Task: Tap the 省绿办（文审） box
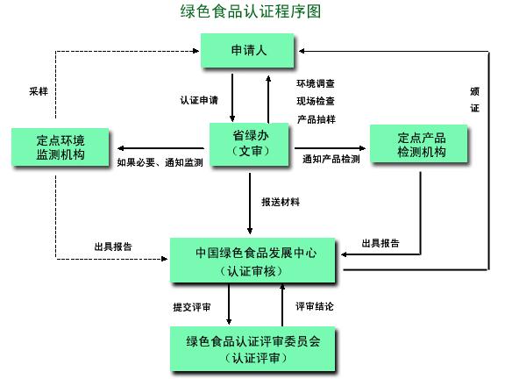(x=250, y=145)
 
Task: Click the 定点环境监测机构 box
(x=60, y=146)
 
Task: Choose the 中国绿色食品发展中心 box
(x=256, y=261)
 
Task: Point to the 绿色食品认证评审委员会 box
(x=253, y=348)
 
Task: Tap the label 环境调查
(x=316, y=83)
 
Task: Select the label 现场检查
(x=316, y=101)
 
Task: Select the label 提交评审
(x=191, y=306)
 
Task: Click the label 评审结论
(x=314, y=306)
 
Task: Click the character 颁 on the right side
(x=474, y=90)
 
